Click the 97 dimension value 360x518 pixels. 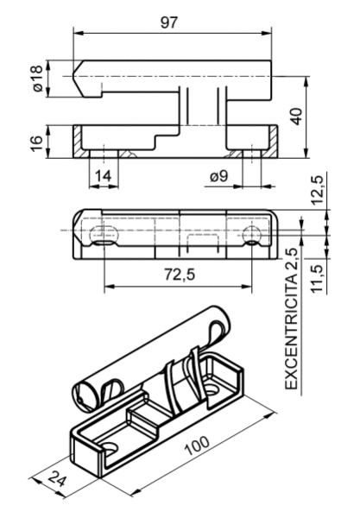point(169,22)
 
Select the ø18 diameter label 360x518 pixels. point(38,79)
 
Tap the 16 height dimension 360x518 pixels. point(36,142)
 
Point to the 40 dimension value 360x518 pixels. point(297,116)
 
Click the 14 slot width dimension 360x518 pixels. point(104,176)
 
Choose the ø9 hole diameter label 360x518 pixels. point(218,176)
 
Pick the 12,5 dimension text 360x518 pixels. point(317,190)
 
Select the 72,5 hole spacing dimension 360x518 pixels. point(180,274)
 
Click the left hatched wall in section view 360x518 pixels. point(78,142)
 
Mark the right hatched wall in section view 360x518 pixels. point(273,142)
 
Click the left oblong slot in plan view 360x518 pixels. point(104,235)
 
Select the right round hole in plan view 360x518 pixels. point(252,235)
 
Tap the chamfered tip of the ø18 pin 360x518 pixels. point(78,79)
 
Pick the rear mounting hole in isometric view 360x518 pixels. point(212,388)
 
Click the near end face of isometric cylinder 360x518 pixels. point(85,395)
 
